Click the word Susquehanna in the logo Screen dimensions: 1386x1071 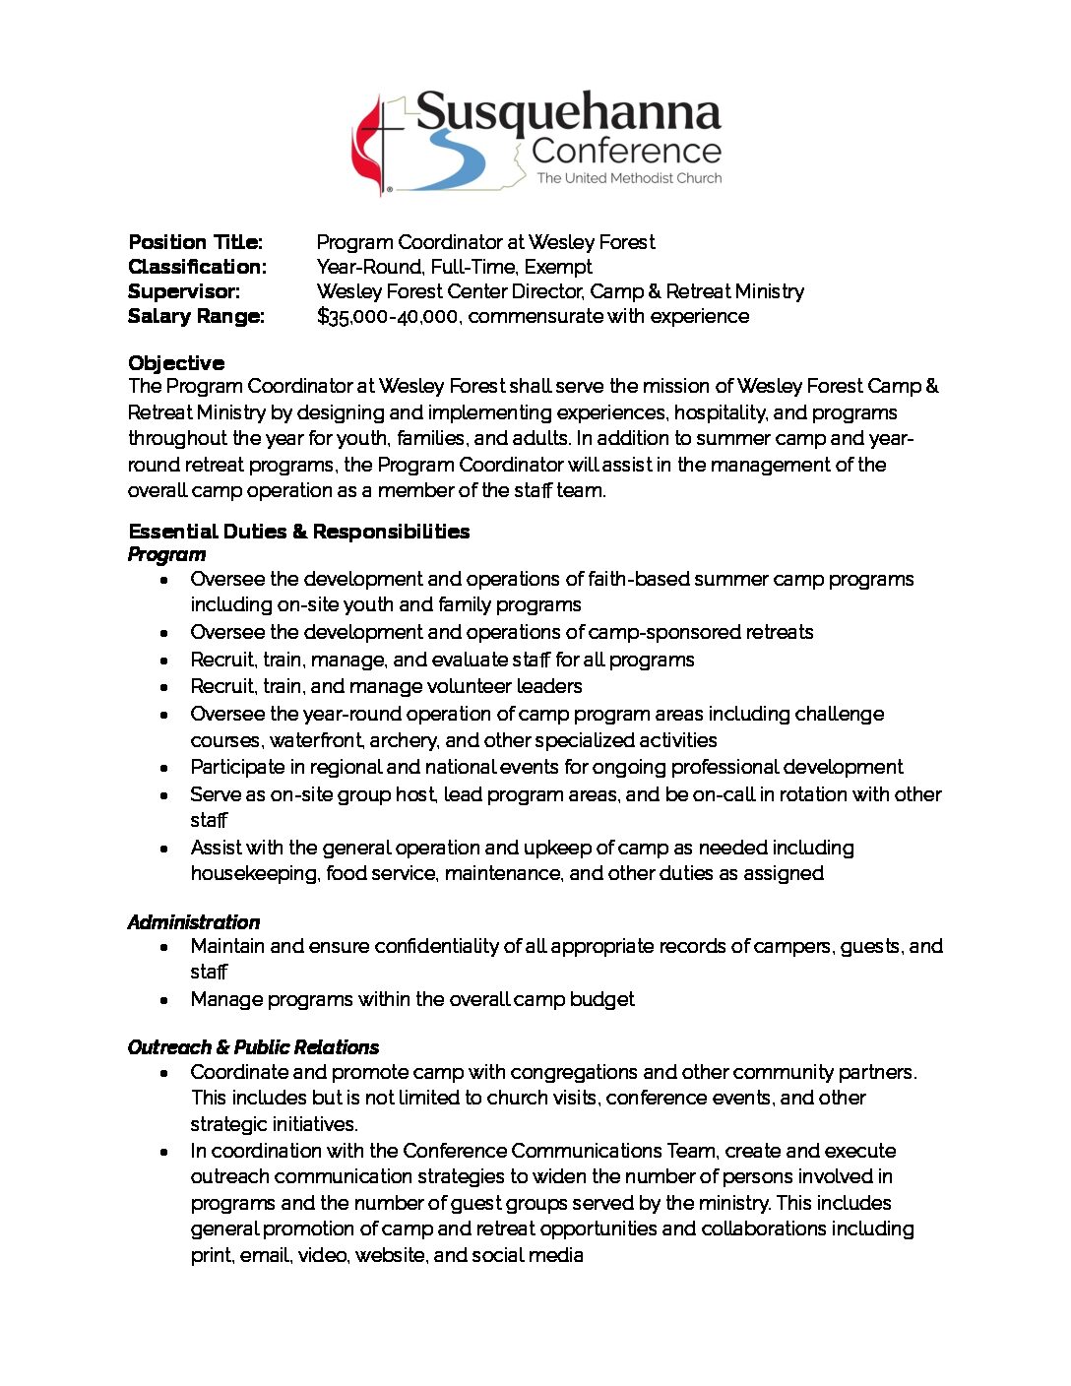pos(568,113)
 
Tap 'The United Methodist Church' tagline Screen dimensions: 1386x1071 pos(629,178)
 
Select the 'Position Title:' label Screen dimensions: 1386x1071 pos(195,242)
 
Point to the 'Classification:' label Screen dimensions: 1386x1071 pos(197,267)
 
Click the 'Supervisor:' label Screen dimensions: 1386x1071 pos(184,291)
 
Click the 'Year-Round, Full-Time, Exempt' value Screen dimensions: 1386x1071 pos(454,267)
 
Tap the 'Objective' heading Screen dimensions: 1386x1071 pos(176,363)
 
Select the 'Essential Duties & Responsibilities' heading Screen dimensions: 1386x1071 pos(298,532)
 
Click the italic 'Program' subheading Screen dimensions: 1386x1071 pos(166,554)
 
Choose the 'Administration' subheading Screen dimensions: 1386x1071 pos(193,922)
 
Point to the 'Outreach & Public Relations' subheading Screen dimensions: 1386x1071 pos(253,1047)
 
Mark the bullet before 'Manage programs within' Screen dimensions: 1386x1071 pos(164,1000)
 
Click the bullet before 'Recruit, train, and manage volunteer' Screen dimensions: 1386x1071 pos(164,687)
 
